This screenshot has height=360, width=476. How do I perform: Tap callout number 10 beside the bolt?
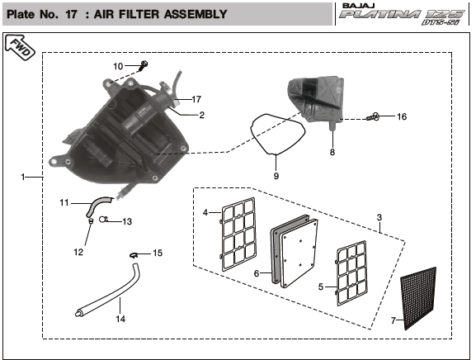(x=118, y=66)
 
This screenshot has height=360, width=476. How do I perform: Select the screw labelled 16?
(x=373, y=116)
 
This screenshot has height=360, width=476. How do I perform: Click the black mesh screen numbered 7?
(x=418, y=298)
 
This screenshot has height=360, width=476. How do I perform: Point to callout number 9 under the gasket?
(x=276, y=176)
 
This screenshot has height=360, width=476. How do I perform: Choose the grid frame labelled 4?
(x=238, y=234)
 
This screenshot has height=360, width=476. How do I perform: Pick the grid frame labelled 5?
(x=351, y=272)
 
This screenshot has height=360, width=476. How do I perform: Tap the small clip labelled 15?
(x=134, y=255)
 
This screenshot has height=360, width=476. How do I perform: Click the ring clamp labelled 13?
(x=103, y=220)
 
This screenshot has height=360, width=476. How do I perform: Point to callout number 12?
(x=78, y=252)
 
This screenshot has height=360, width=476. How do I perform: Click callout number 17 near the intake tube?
(x=196, y=99)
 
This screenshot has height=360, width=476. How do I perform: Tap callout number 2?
(x=202, y=115)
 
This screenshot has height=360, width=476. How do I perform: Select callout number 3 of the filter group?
(x=379, y=217)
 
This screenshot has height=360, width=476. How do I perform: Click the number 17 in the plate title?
(x=71, y=14)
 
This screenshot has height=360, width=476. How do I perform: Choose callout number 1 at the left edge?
(x=23, y=177)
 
